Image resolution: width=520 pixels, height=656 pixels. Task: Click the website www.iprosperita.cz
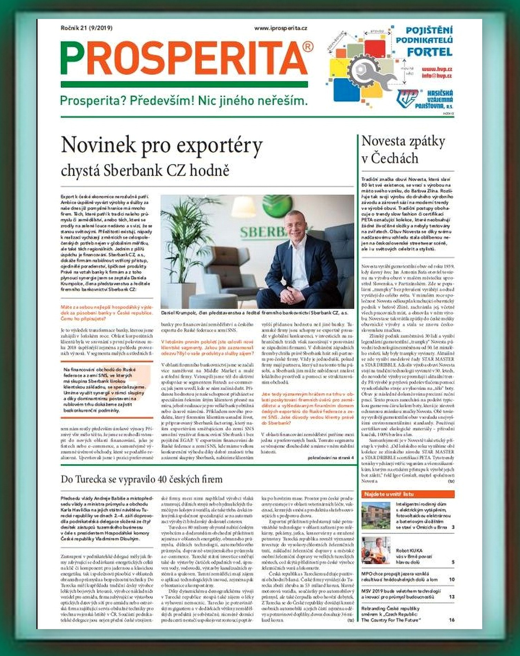tap(281, 28)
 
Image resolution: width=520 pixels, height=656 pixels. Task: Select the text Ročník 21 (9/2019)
tap(86, 28)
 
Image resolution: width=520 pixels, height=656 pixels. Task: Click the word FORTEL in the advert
tap(429, 52)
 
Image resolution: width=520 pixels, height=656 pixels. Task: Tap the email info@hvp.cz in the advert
tap(436, 76)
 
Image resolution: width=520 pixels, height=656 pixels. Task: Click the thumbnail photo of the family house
tap(376, 515)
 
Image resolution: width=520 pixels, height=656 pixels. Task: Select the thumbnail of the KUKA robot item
tap(376, 550)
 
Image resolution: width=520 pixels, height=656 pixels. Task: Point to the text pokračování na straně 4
tap(330, 458)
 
